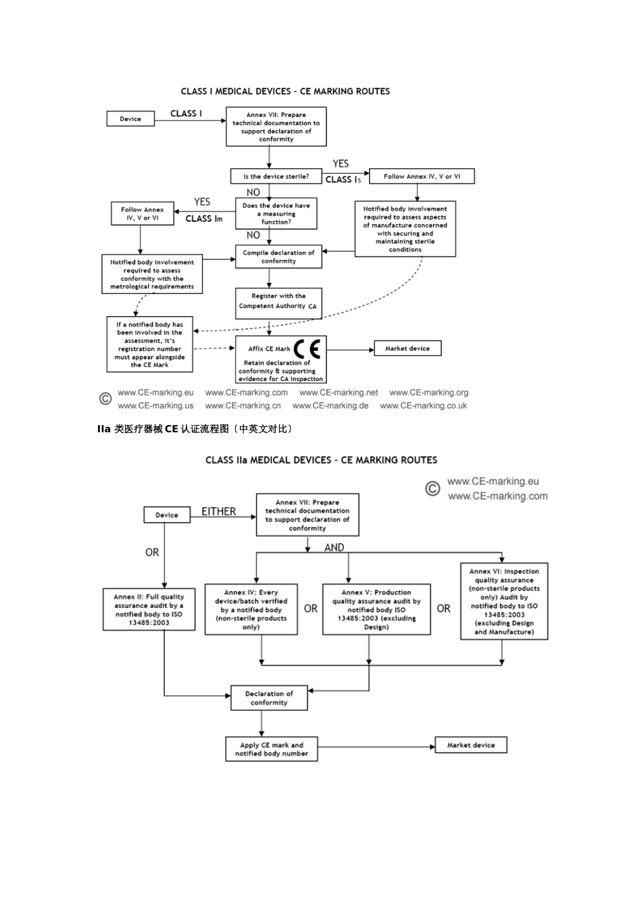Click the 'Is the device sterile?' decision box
(x=276, y=176)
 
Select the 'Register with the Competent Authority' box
(x=278, y=301)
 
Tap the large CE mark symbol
(x=307, y=349)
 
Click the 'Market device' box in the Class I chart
(x=408, y=349)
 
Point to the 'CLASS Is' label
(x=343, y=179)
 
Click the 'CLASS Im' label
(x=203, y=219)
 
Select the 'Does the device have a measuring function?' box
(x=276, y=213)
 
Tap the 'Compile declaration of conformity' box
(x=278, y=257)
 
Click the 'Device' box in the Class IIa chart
(x=167, y=515)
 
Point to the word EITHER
(x=219, y=511)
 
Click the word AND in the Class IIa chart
(x=334, y=547)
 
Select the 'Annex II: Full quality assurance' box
(x=149, y=609)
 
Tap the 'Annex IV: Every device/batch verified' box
(x=251, y=609)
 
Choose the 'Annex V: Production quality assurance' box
(x=376, y=609)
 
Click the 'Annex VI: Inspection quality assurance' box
(x=504, y=601)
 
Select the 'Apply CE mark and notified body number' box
(x=272, y=749)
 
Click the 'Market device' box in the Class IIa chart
(x=471, y=745)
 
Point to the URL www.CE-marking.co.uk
(x=424, y=406)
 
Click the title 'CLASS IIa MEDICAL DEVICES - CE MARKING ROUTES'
(x=321, y=460)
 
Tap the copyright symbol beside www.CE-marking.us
(x=105, y=399)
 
